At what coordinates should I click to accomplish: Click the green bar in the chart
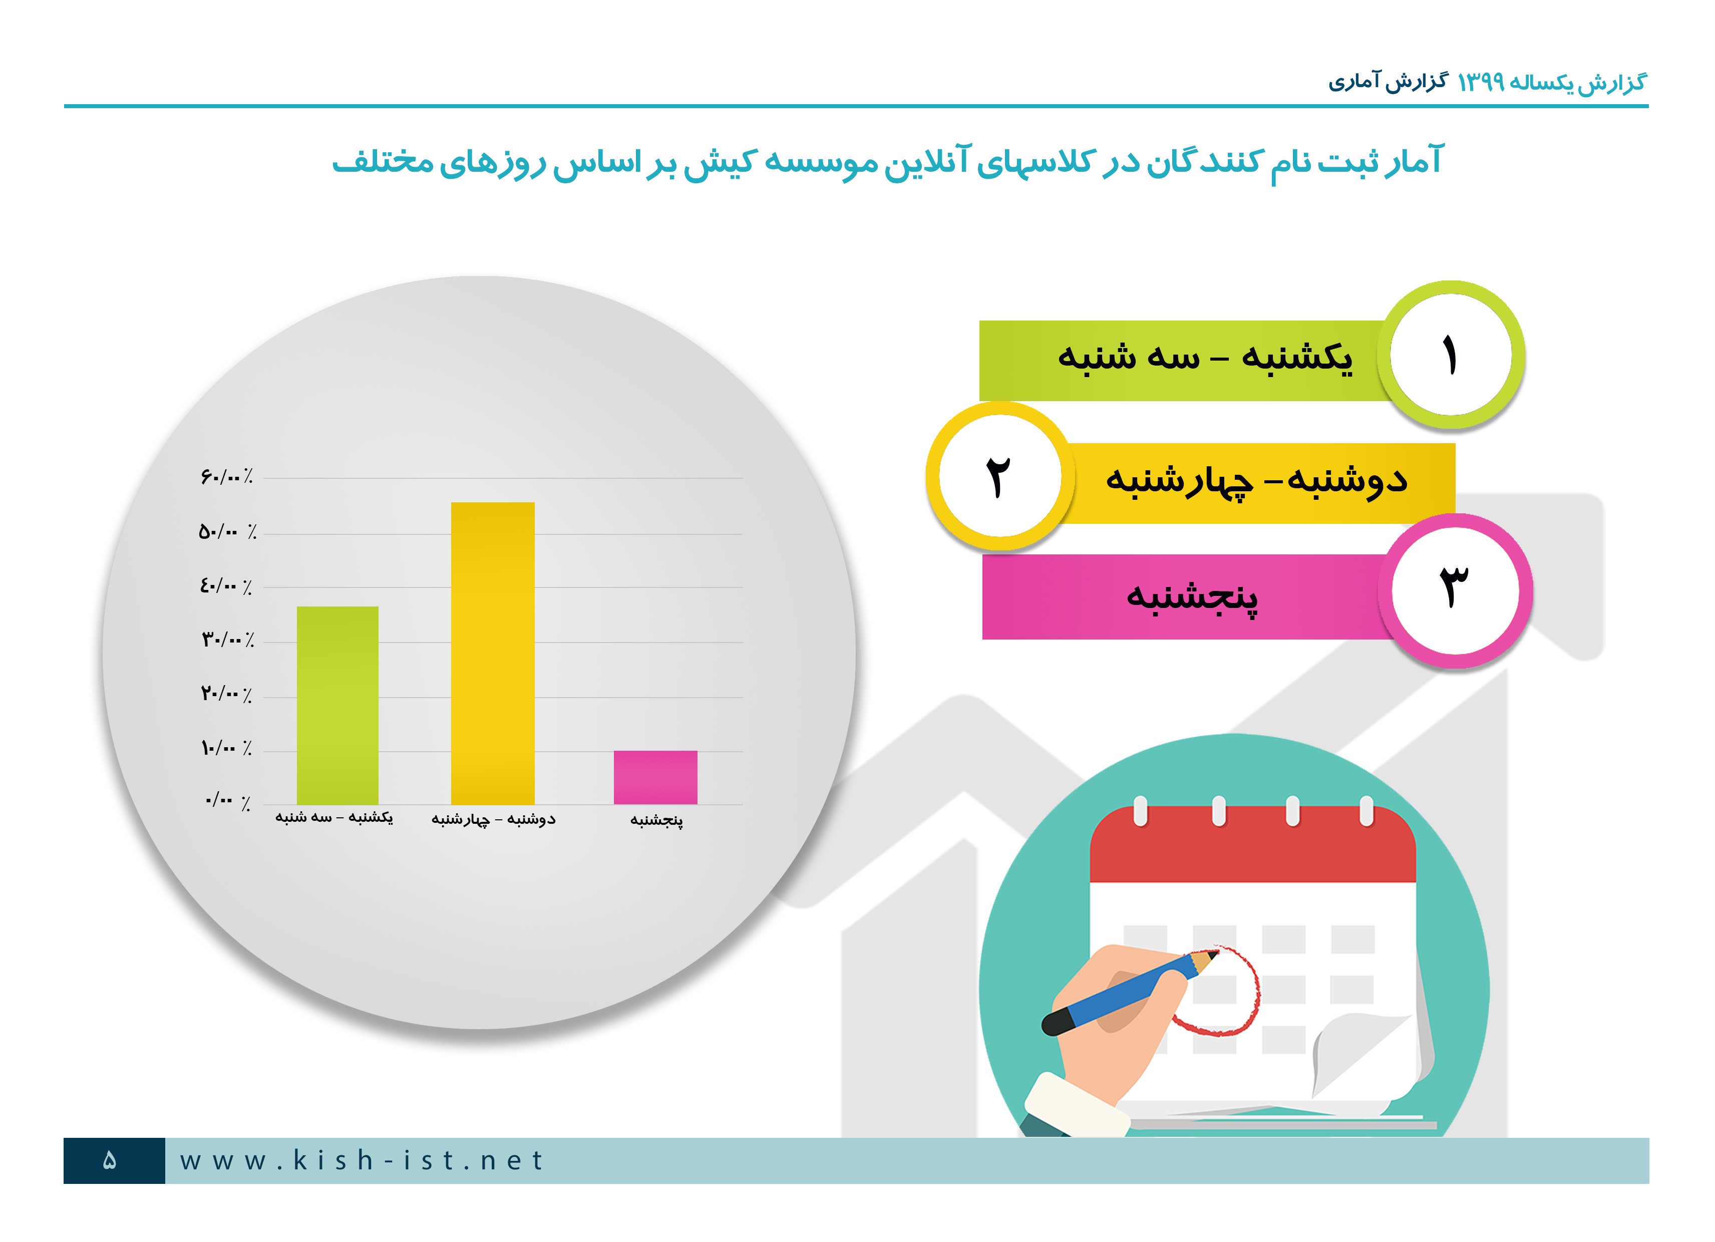337,705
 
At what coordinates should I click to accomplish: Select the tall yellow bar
492,653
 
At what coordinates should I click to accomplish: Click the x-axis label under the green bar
333,817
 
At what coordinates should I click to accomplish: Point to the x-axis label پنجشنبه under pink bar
656,820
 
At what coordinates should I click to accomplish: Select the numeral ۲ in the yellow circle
998,477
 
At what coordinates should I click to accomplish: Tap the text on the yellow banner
1256,480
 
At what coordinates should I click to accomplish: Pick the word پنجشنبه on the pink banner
1192,597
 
